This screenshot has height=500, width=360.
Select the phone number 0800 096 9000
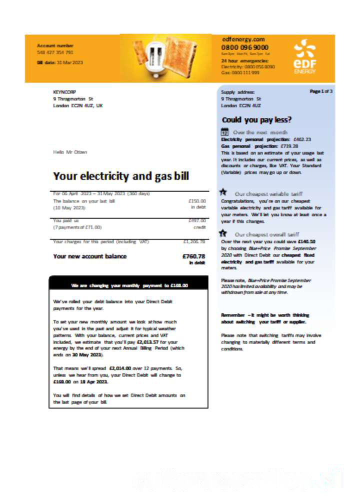click(x=245, y=47)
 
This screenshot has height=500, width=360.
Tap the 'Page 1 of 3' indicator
click(x=321, y=91)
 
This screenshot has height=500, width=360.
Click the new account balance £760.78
click(x=193, y=256)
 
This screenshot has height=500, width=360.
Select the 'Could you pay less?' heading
click(x=256, y=120)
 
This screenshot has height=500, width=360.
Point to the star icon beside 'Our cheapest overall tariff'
click(x=224, y=233)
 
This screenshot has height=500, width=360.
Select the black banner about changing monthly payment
click(x=129, y=285)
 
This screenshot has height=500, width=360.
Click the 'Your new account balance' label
click(x=90, y=256)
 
